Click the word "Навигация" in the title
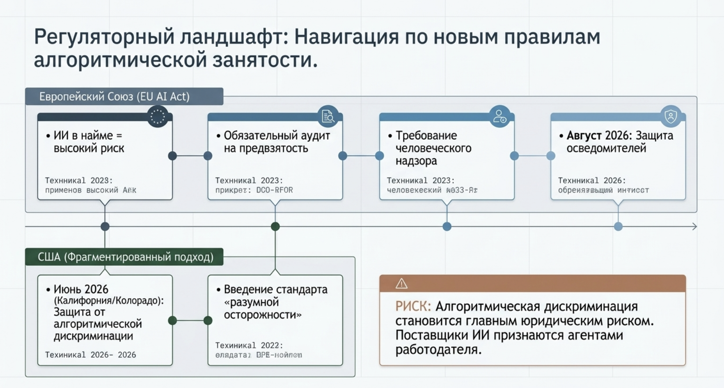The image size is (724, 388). pos(346,37)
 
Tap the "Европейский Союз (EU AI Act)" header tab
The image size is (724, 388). pos(115,97)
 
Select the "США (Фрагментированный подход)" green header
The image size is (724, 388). pos(125,257)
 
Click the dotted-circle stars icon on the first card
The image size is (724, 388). pos(157,117)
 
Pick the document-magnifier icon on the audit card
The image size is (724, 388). pos(328,116)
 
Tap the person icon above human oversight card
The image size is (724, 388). pos(499,116)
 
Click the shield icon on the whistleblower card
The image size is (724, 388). pos(671,116)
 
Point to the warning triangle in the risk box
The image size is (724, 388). pos(401,284)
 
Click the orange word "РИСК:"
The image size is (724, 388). pos(413,307)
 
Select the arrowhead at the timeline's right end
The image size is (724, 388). pos(694,226)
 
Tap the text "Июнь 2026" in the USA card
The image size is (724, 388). pos(81,289)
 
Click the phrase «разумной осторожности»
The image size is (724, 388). pos(263,308)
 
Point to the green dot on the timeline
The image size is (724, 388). pos(275,226)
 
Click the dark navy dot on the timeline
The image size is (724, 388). pos(105,226)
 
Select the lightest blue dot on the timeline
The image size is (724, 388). pos(618,226)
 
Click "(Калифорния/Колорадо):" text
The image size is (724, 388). pos(109,300)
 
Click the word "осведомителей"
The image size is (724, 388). pos(606,148)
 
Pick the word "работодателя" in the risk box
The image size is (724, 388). pos(438,350)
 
